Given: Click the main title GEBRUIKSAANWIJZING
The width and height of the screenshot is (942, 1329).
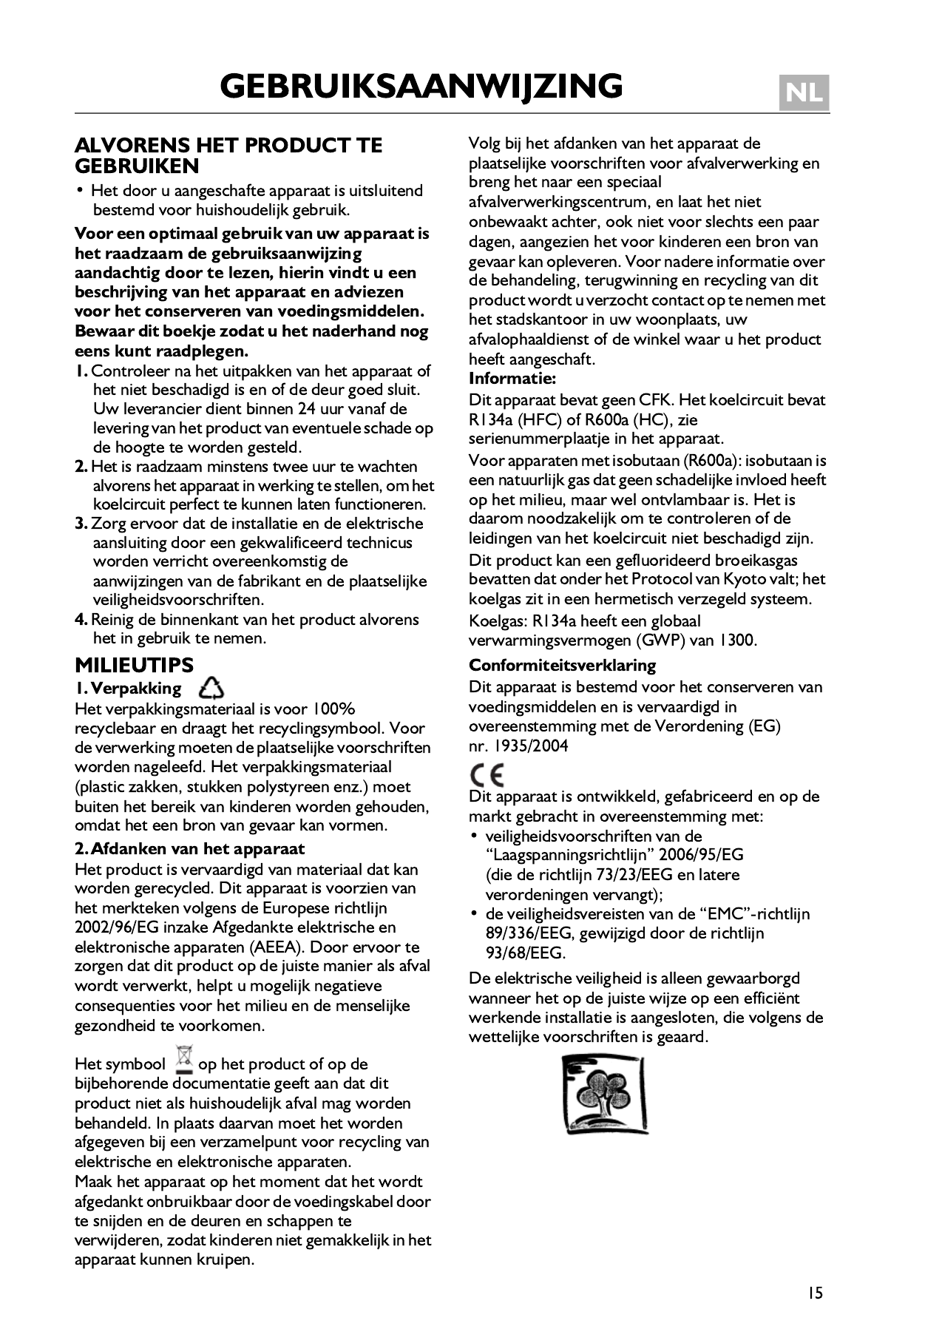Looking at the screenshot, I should [x=421, y=87].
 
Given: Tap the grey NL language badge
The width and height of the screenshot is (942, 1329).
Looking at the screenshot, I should [x=804, y=94].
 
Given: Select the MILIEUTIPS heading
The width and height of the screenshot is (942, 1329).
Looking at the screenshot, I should [x=134, y=665].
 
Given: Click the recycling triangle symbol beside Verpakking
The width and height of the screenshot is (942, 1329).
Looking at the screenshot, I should [x=211, y=688].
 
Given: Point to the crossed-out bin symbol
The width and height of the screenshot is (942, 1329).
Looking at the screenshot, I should [x=183, y=1060].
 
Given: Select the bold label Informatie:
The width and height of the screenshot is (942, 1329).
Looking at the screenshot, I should [x=512, y=379].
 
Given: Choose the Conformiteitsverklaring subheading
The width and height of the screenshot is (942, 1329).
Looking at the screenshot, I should [x=562, y=665].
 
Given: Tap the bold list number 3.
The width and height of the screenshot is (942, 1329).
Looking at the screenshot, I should [x=81, y=524].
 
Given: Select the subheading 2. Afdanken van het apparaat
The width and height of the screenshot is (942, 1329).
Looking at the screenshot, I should [x=190, y=848].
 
